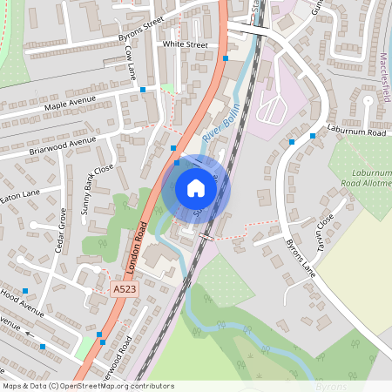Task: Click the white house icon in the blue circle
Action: tap(196, 187)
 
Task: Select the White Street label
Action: tap(185, 44)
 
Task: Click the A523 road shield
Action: tap(124, 287)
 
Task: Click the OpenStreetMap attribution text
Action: tap(89, 386)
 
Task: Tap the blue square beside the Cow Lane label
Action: tap(143, 89)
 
